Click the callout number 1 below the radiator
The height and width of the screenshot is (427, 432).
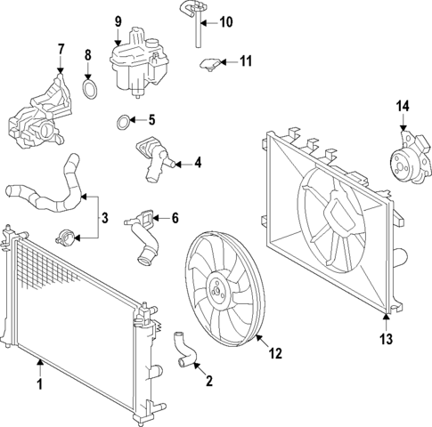coord(38,385)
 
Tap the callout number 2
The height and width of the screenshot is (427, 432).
coord(208,383)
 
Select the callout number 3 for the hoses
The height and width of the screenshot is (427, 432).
coord(104,217)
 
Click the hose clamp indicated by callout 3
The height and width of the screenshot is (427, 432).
coord(61,238)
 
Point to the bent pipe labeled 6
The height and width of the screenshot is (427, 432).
coord(142,236)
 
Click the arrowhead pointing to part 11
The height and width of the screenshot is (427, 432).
coord(223,61)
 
